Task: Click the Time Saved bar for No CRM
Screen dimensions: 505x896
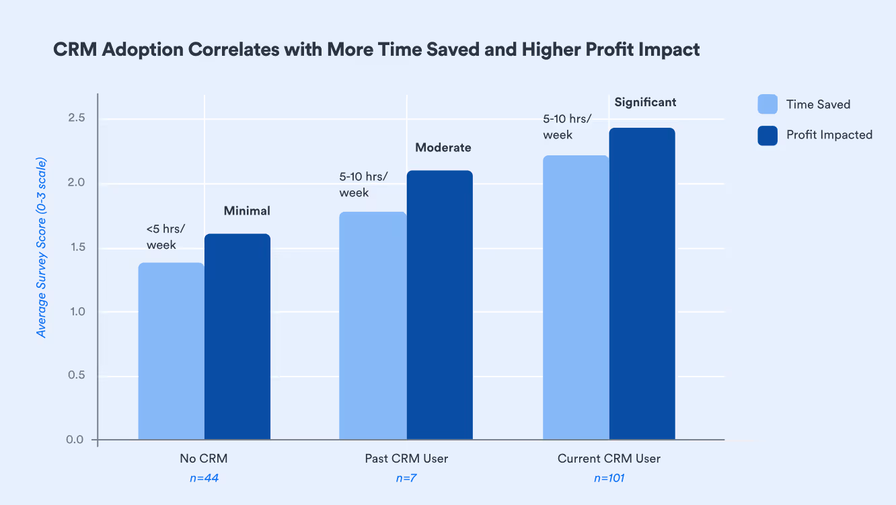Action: pos(171,351)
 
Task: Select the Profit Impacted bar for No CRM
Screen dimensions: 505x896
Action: pos(237,337)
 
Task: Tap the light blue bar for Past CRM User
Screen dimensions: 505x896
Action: pos(373,326)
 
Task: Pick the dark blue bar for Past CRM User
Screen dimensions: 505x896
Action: pos(439,305)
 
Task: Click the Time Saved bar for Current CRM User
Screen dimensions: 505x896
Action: pos(575,298)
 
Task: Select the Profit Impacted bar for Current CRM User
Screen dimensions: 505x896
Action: pos(642,284)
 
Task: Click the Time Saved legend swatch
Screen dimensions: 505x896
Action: pos(768,104)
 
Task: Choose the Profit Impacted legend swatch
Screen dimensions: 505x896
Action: pos(768,135)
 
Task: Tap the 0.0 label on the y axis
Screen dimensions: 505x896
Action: pos(75,440)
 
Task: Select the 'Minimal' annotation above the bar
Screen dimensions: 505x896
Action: pos(247,211)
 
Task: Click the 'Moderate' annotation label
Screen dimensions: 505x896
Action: pos(443,148)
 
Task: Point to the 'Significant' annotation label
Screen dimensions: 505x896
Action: pos(645,103)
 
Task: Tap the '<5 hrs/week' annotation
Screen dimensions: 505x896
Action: pos(165,237)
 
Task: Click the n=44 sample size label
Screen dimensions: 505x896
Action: pos(203,479)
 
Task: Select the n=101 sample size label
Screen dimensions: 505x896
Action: pos(609,479)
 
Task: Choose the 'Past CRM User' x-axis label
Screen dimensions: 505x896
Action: pos(406,459)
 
